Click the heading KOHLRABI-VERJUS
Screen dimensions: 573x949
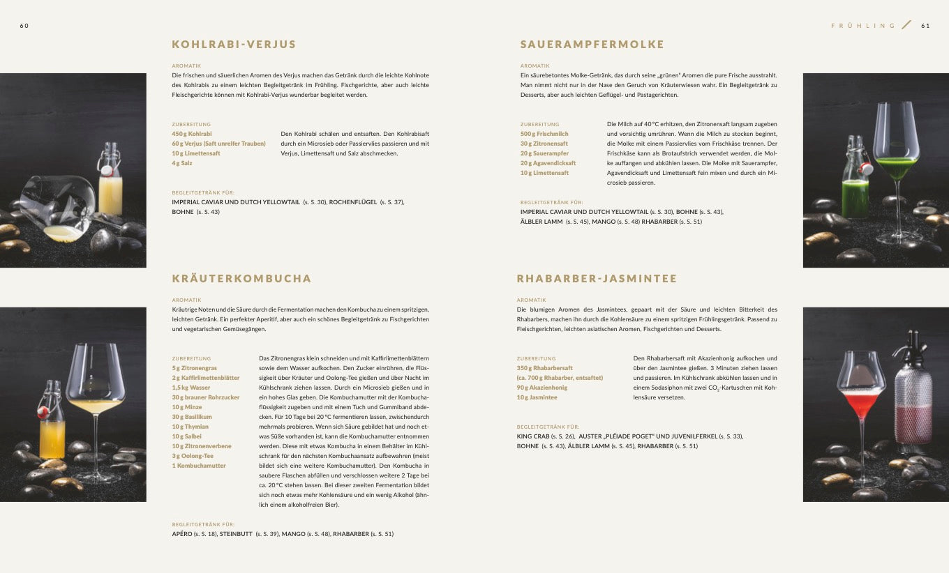[x=234, y=45]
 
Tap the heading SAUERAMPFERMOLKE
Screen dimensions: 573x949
[x=592, y=45]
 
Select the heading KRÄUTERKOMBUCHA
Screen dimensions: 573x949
[x=241, y=279]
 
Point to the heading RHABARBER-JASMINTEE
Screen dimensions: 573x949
[x=597, y=279]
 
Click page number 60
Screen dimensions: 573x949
[x=24, y=26]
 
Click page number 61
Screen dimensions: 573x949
[x=925, y=26]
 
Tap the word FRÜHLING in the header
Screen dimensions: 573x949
[x=863, y=26]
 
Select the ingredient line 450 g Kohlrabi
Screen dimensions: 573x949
[x=192, y=134]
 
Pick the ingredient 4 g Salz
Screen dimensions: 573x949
[x=182, y=163]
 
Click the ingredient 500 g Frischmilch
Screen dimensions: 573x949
[x=544, y=134]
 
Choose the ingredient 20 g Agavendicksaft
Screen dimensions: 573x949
[x=548, y=163]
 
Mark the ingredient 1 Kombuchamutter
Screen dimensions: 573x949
[x=199, y=466]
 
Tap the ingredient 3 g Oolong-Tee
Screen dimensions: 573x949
[x=193, y=456]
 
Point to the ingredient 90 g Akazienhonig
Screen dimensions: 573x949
[x=542, y=388]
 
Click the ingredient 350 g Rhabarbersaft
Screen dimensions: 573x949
[x=545, y=368]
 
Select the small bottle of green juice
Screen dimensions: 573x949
[x=855, y=181]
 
